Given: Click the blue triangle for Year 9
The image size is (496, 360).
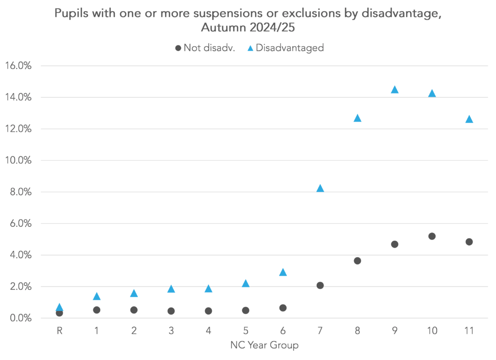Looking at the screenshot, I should pyautogui.click(x=394, y=90).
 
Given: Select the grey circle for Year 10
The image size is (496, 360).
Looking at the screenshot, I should pyautogui.click(x=432, y=236).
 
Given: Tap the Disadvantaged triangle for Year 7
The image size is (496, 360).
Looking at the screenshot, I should pyautogui.click(x=320, y=188).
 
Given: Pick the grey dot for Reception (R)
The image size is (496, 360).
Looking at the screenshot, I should pyautogui.click(x=59, y=313).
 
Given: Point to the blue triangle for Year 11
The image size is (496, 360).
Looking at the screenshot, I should pyautogui.click(x=469, y=119).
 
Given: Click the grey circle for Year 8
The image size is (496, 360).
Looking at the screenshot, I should pyautogui.click(x=357, y=261).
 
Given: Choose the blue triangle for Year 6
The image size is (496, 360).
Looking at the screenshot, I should pyautogui.click(x=283, y=272).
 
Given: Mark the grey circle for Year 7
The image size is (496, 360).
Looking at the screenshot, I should pyautogui.click(x=320, y=285).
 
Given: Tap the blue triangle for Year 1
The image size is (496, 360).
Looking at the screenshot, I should pyautogui.click(x=96, y=296).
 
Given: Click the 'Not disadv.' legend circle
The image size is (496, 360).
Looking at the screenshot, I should pyautogui.click(x=178, y=48).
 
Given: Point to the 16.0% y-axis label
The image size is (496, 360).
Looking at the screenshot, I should pyautogui.click(x=18, y=66).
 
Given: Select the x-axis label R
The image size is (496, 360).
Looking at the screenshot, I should pyautogui.click(x=59, y=331).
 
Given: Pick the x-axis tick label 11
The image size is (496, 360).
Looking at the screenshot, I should pyautogui.click(x=469, y=331).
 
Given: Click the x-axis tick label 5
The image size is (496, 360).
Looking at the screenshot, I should pyautogui.click(x=246, y=331).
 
